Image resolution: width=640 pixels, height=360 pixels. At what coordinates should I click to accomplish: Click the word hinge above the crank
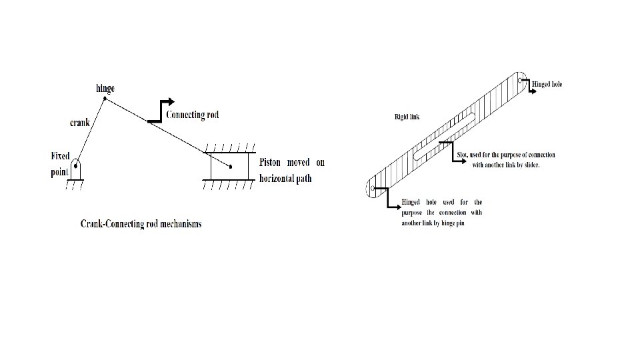[x=105, y=89]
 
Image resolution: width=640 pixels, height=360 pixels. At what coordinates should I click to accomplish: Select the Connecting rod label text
[x=192, y=115]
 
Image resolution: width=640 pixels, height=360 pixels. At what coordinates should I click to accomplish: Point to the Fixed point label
[x=60, y=164]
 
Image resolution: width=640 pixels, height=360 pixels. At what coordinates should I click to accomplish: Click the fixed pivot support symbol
[x=78, y=171]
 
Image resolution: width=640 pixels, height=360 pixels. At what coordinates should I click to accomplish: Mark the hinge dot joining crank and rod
[x=105, y=99]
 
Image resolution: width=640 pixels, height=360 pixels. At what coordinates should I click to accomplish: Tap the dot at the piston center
[x=230, y=166]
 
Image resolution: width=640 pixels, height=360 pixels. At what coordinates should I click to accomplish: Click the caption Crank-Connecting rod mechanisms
[x=141, y=224]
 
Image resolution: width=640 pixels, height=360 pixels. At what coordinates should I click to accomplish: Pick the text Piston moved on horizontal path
[x=291, y=171]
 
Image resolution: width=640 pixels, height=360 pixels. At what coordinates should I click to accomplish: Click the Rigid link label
[x=407, y=117]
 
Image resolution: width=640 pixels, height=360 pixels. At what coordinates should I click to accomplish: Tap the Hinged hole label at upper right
[x=547, y=85]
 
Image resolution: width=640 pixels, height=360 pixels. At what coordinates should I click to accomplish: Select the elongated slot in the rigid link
[x=443, y=136]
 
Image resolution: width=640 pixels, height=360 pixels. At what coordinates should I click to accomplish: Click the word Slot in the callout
[x=463, y=155]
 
